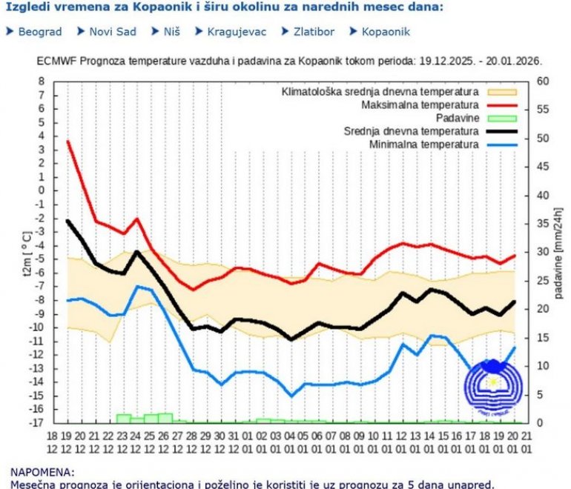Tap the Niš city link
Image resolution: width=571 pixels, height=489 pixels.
(x=170, y=32)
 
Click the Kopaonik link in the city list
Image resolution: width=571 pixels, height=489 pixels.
(x=386, y=32)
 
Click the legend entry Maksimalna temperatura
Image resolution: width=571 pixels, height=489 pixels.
(x=420, y=105)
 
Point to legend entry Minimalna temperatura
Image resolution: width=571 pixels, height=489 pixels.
(x=423, y=144)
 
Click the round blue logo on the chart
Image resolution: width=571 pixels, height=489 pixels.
(x=492, y=384)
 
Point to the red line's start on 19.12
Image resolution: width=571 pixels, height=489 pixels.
(x=67, y=141)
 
